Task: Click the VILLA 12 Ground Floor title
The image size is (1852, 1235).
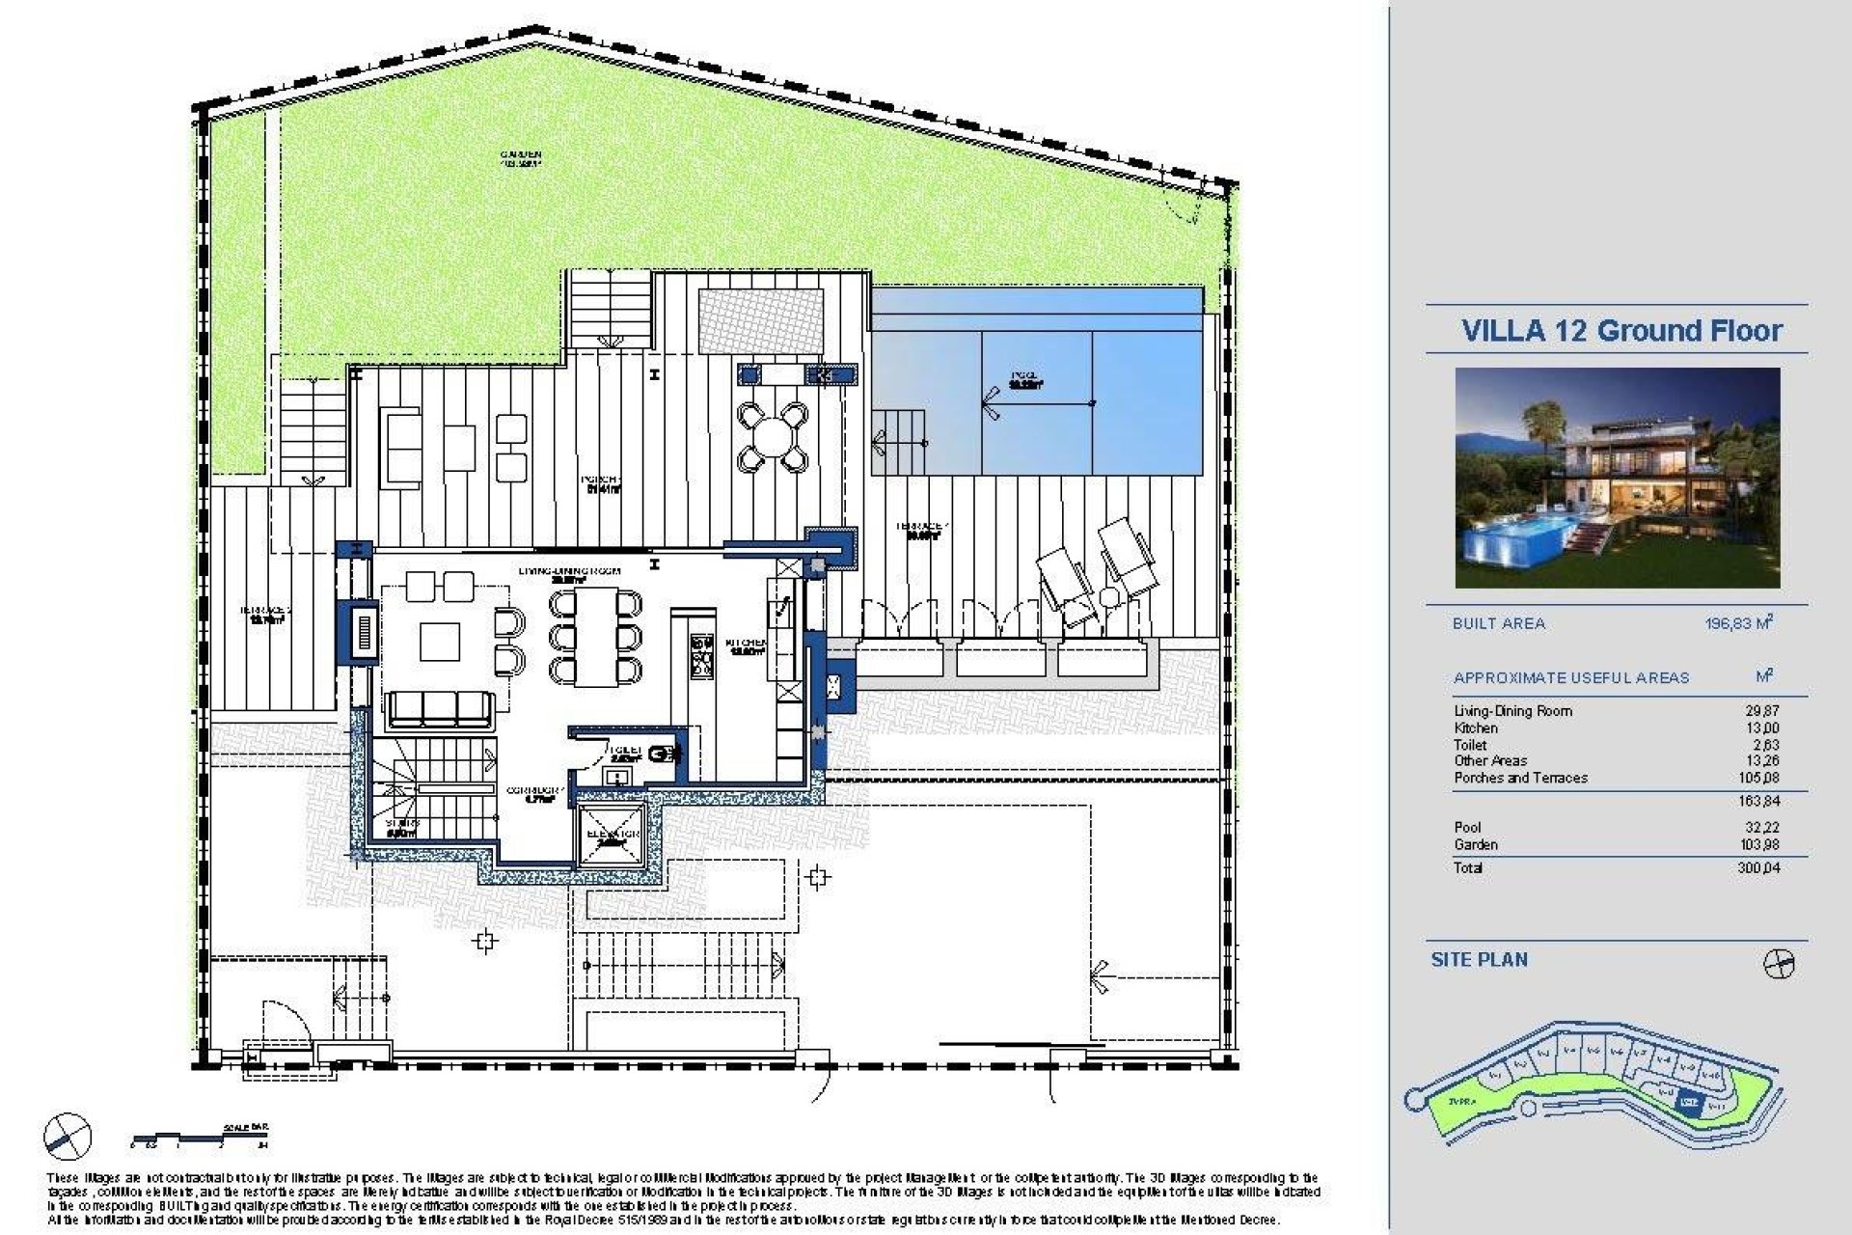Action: click(x=1621, y=331)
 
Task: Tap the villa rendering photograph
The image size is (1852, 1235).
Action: click(x=1617, y=478)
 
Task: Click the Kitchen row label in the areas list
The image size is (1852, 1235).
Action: click(x=1476, y=728)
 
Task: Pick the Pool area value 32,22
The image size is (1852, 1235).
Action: click(x=1764, y=828)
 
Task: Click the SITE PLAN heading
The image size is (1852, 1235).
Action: click(x=1479, y=960)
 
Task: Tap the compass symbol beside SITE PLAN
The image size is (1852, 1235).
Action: click(x=1778, y=964)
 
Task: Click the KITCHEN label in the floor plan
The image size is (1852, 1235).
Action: click(x=746, y=645)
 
